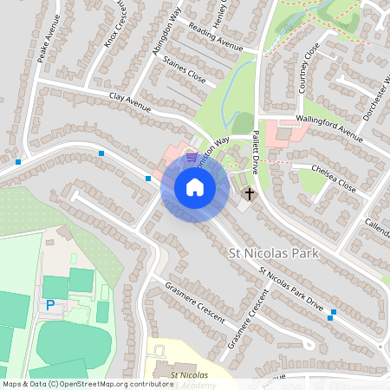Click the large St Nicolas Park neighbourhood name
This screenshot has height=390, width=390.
[x=273, y=253]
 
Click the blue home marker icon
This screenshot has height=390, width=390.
[x=195, y=187]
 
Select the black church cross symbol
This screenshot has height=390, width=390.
[x=250, y=193]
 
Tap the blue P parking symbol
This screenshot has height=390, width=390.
[x=49, y=304]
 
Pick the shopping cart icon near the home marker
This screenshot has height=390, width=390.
[x=190, y=157]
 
